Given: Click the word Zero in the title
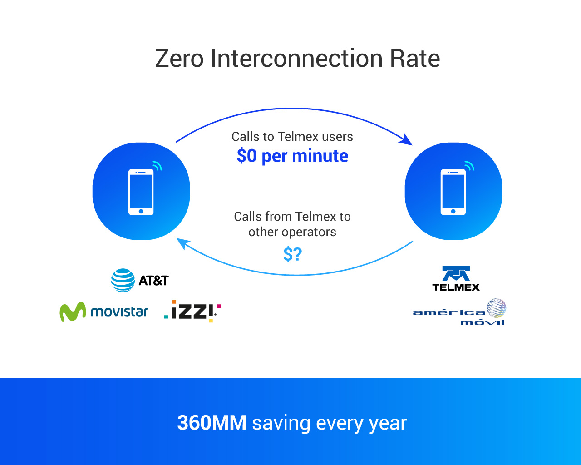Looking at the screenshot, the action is pos(179,59).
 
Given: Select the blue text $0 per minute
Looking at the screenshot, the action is pos(292,156).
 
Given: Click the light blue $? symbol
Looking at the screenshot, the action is pos(292,254).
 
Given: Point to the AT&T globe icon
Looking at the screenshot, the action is pos(123,280).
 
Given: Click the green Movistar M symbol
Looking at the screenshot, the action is pos(73,312).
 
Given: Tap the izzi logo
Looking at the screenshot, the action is pos(192,311).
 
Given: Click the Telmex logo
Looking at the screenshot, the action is pos(456,278).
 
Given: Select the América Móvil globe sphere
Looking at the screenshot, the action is pos(497,308).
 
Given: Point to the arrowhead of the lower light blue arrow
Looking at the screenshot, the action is pos(183,243).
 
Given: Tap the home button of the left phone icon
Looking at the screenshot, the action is pos(141,211).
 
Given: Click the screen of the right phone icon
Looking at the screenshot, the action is pos(453,191).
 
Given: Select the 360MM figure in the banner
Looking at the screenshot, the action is pos(212,423).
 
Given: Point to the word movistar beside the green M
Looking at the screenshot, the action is pos(119,312).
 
